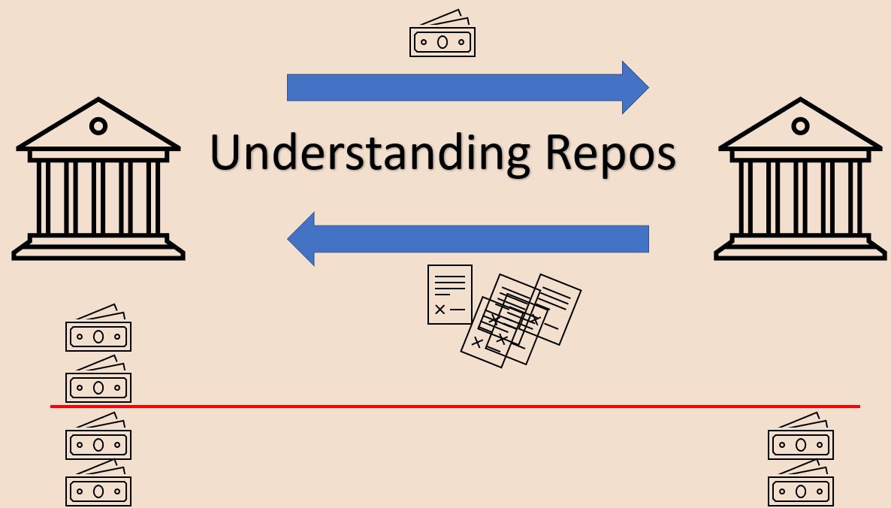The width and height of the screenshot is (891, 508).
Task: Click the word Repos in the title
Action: click(x=609, y=153)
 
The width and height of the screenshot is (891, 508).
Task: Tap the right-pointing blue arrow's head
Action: click(x=634, y=88)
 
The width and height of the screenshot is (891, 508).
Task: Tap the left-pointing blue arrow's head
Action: click(x=302, y=238)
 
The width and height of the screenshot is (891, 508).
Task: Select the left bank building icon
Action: click(x=98, y=180)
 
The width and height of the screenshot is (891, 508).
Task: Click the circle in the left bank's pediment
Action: click(x=98, y=125)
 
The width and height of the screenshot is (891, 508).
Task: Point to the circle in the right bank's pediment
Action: click(x=801, y=125)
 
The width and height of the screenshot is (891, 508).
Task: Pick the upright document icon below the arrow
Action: click(x=449, y=294)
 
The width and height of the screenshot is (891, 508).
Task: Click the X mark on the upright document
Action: click(x=439, y=309)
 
